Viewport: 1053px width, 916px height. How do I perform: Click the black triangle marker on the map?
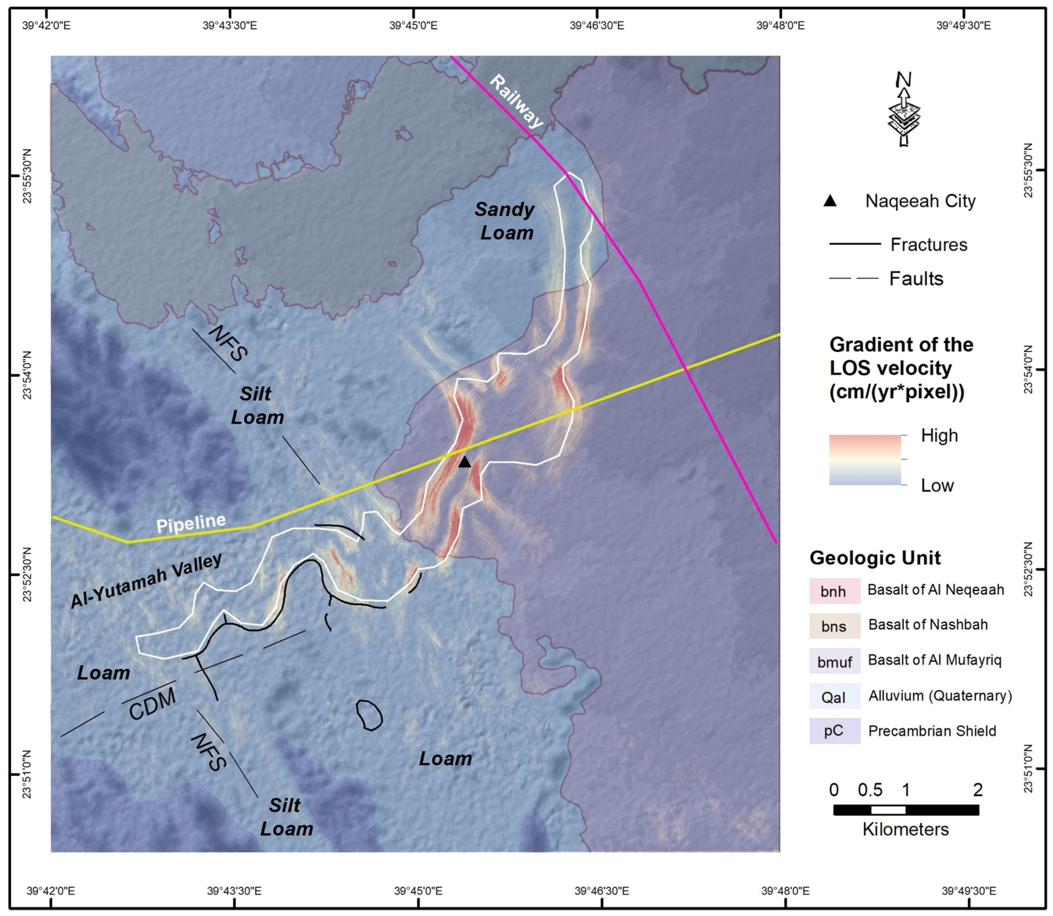(464, 462)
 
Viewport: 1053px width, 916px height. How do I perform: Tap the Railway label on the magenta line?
(516, 102)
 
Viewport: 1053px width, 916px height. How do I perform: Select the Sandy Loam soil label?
(505, 221)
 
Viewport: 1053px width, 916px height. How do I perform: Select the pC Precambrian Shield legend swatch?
(834, 731)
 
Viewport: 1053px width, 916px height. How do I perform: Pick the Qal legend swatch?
(834, 696)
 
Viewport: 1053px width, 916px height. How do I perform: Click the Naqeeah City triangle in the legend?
(830, 201)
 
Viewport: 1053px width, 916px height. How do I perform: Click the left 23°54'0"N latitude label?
(27, 374)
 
